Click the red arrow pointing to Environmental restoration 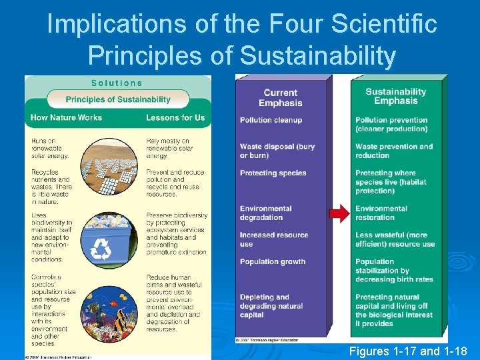pos(339,213)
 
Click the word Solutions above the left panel pos(117,83)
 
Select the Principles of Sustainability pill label pos(118,99)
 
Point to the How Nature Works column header pos(67,118)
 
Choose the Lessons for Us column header pos(175,118)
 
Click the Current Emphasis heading pos(281,98)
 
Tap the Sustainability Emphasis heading pos(396,96)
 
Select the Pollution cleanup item pos(271,120)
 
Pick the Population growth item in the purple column pos(273,262)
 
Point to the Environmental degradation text pos(266,213)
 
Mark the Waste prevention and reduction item pos(394,151)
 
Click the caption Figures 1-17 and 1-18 pos(408,350)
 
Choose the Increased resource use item pos(274,239)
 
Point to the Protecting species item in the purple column pos(273,173)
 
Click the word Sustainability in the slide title pos(317,56)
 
